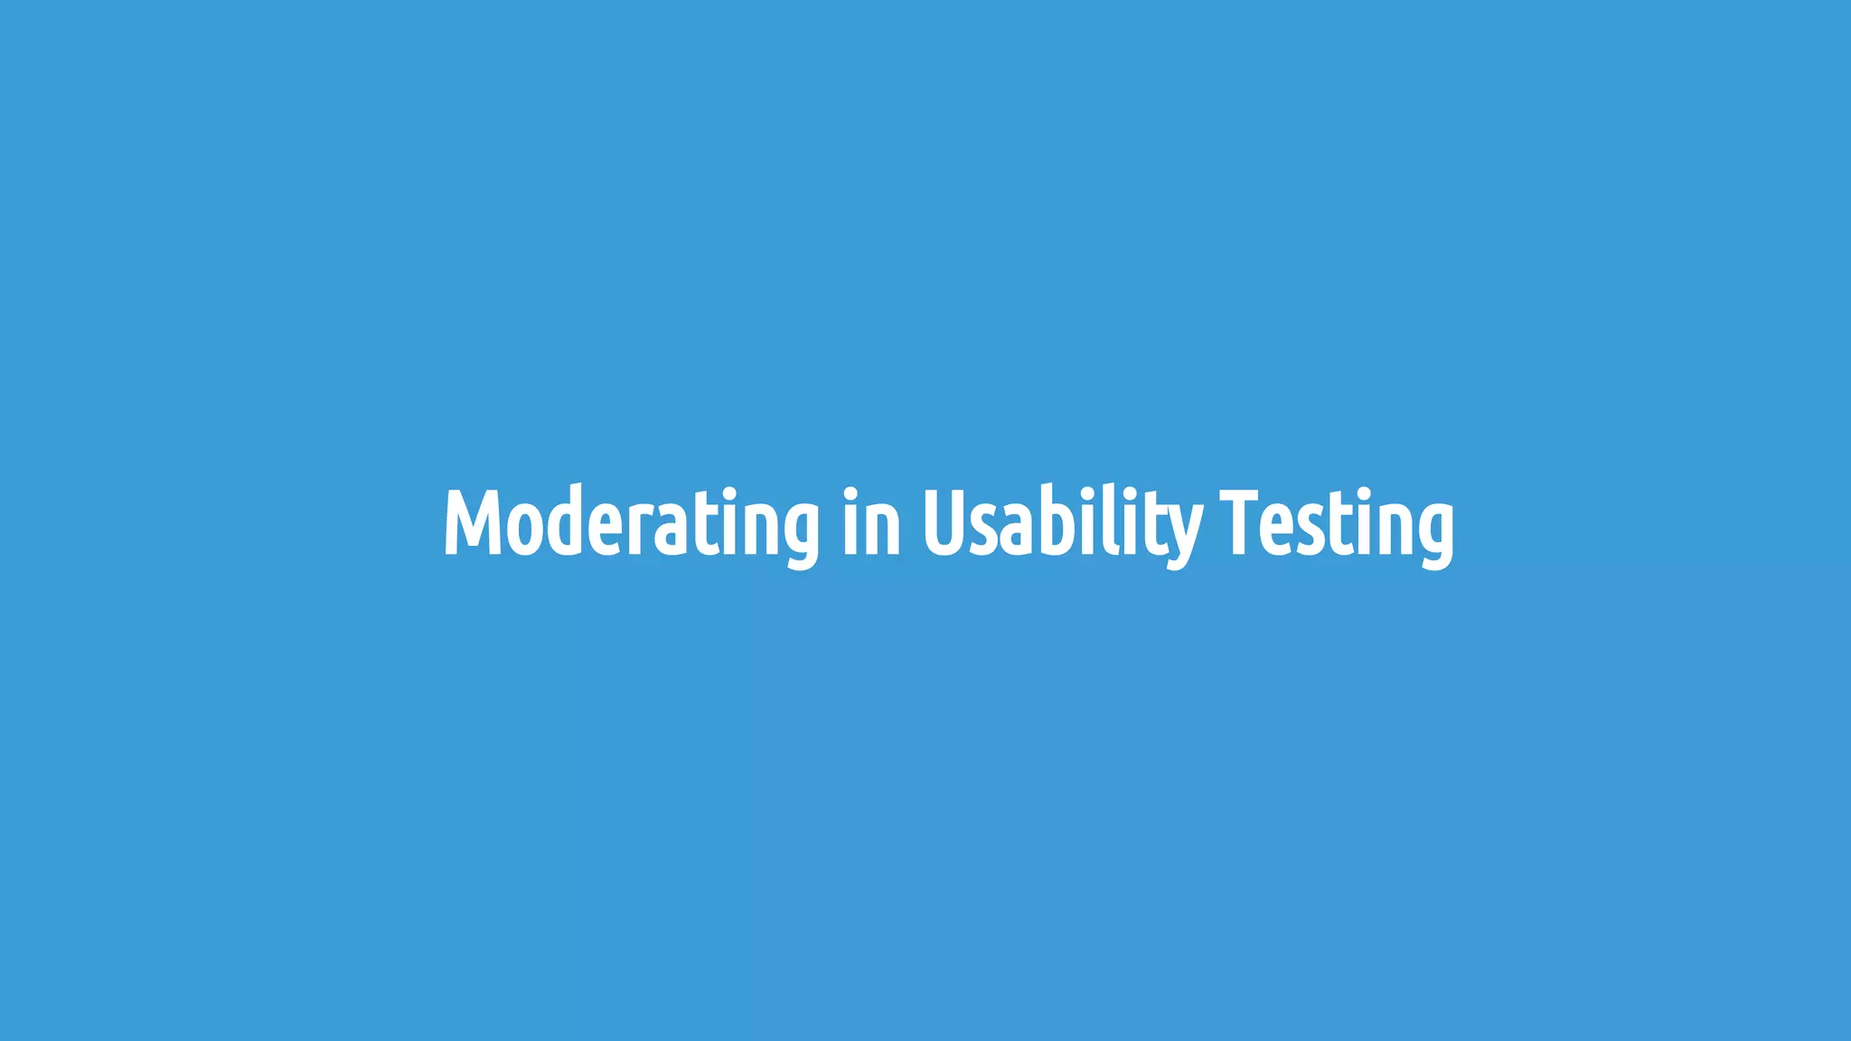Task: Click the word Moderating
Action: [x=631, y=524]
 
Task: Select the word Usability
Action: [x=1062, y=524]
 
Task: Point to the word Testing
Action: [x=1337, y=524]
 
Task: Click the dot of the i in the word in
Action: [x=850, y=492]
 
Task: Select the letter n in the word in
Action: [x=883, y=530]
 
